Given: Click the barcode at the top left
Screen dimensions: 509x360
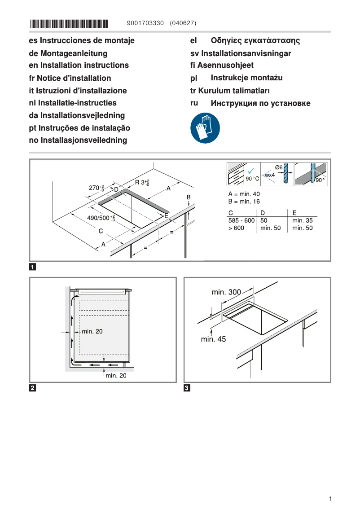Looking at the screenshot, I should pyautogui.click(x=69, y=23).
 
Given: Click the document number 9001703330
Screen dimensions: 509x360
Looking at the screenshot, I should pyautogui.click(x=145, y=23).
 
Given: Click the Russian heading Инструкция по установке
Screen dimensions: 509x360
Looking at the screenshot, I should pyautogui.click(x=260, y=104).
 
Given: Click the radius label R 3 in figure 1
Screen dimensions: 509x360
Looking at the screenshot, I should pyautogui.click(x=142, y=183).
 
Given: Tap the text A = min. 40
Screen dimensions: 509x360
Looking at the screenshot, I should pyautogui.click(x=244, y=194).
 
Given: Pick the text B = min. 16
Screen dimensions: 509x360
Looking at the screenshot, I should pyautogui.click(x=244, y=202).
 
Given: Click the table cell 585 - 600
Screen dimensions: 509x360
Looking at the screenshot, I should pyautogui.click(x=241, y=220).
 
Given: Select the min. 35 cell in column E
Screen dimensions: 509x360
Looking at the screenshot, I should pyautogui.click(x=302, y=220).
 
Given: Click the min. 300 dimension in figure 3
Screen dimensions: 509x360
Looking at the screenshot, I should pyautogui.click(x=226, y=292).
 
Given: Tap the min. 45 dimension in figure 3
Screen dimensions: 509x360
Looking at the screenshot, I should pyautogui.click(x=213, y=339).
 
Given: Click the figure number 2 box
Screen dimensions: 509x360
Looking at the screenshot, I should pyautogui.click(x=33, y=388).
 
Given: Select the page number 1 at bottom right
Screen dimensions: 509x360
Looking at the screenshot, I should pyautogui.click(x=330, y=499).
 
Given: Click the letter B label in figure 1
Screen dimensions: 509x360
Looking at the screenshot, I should pyautogui.click(x=189, y=197).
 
